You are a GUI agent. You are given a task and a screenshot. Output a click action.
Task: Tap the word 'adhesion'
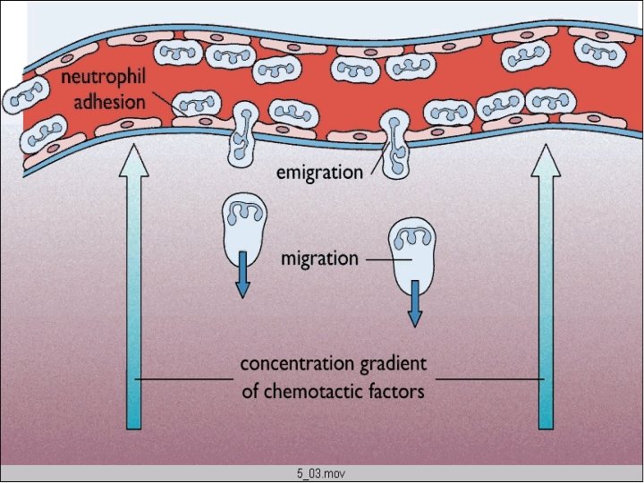[x=109, y=101]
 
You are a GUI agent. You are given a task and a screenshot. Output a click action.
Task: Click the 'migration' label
[x=319, y=258]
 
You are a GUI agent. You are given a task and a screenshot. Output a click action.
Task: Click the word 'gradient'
[x=394, y=365]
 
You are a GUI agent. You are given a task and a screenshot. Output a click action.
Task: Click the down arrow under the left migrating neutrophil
[x=241, y=276]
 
